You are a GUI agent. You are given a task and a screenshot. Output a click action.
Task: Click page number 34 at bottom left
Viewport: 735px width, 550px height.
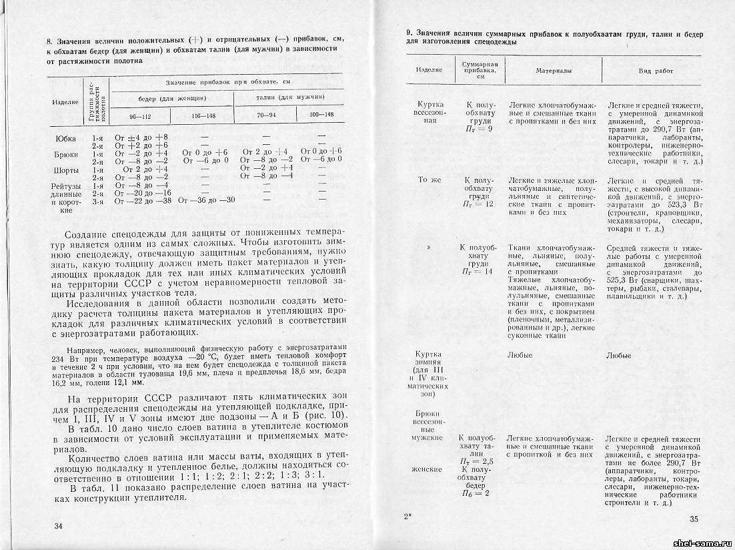(58, 526)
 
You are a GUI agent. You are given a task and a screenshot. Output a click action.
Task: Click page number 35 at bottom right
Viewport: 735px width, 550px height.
(694, 520)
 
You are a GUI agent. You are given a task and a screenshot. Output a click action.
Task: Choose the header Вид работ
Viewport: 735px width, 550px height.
(655, 70)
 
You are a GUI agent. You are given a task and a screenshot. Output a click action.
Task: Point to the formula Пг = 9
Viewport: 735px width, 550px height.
(480, 129)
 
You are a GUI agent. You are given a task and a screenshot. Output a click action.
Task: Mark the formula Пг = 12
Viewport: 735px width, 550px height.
(480, 204)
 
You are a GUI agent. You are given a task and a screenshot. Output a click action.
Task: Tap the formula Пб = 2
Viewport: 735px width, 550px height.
(480, 493)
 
